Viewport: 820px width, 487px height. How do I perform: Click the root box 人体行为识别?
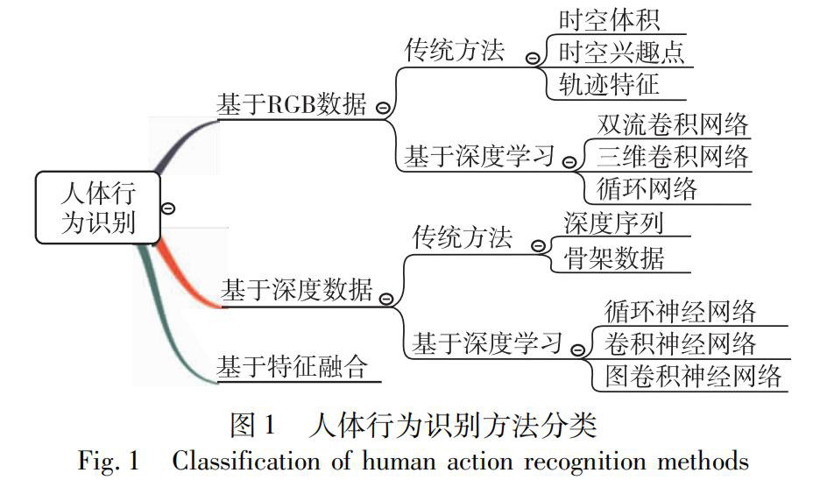[x=98, y=207]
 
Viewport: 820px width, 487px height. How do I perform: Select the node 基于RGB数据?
[x=293, y=104]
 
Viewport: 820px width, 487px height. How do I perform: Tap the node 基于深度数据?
[x=296, y=290]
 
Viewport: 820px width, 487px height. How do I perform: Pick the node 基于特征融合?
[x=293, y=363]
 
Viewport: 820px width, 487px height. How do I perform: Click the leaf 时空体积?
[x=609, y=20]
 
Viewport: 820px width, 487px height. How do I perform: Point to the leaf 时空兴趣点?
[x=621, y=52]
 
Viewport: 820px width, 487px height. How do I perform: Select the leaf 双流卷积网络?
[x=673, y=124]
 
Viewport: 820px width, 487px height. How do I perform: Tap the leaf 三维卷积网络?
[x=673, y=156]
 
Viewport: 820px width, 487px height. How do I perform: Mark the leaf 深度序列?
[x=613, y=222]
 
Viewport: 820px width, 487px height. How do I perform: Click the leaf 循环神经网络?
[x=681, y=310]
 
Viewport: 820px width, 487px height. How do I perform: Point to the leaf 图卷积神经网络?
[x=693, y=377]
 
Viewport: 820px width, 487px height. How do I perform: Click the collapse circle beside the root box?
[x=169, y=208]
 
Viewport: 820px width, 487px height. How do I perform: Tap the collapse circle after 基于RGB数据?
[x=382, y=108]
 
